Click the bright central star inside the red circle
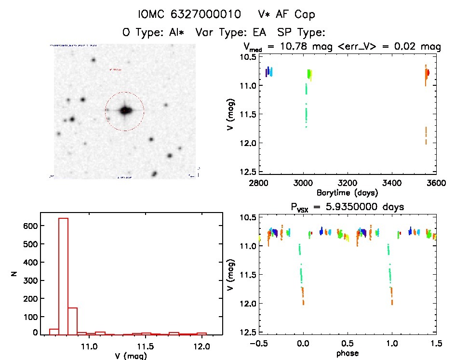click(x=125, y=110)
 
